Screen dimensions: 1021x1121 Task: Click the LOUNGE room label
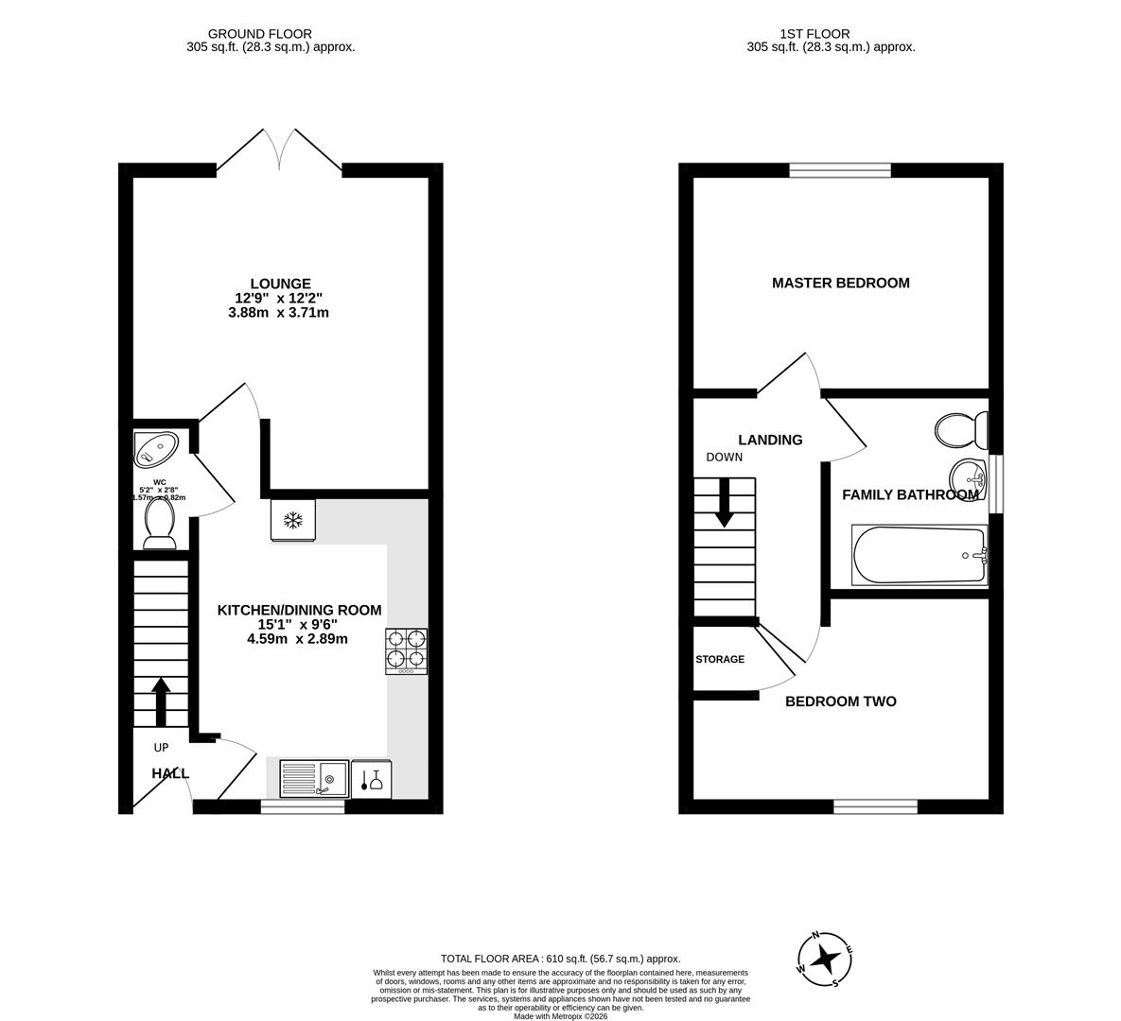pos(280,284)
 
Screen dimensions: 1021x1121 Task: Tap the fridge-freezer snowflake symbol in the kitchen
pos(293,520)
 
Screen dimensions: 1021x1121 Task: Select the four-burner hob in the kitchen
pos(406,651)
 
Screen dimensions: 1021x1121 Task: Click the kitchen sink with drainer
pos(313,779)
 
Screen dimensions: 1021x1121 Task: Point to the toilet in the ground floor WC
pos(160,523)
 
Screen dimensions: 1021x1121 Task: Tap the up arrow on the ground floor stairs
pos(161,701)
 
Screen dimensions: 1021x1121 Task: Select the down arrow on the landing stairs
pos(725,502)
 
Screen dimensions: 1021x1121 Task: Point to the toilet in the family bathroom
pos(956,431)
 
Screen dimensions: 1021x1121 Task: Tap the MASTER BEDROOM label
pos(840,283)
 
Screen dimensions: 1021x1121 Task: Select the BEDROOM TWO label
pos(840,701)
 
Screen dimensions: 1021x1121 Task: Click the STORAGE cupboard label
pos(720,659)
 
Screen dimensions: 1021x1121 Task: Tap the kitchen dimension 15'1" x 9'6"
pos(299,624)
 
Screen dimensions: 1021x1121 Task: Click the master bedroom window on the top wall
pos(840,170)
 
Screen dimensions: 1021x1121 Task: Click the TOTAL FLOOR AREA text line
pos(561,959)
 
